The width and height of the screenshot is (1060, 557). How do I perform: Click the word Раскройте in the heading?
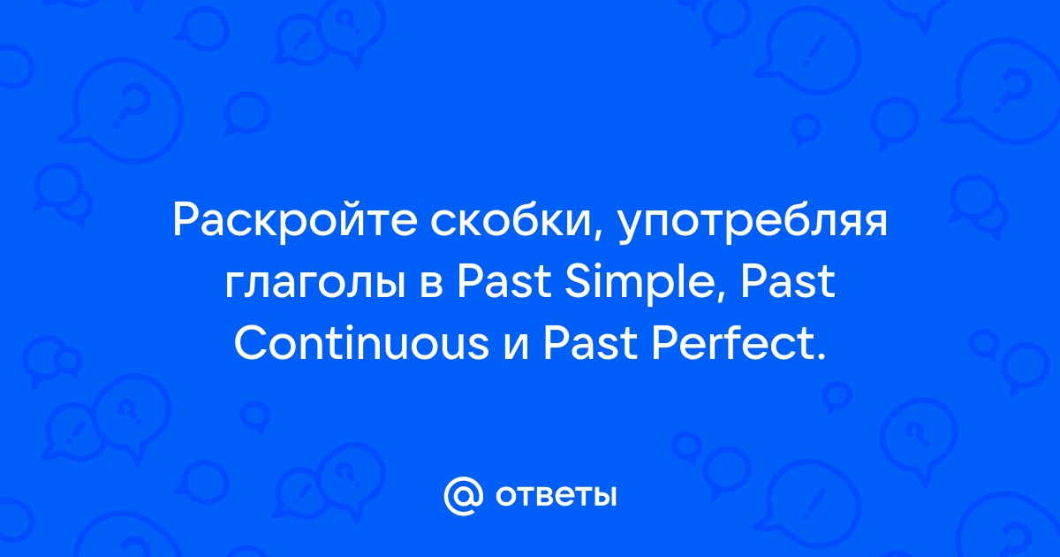click(295, 221)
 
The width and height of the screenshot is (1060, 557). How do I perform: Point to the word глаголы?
click(314, 285)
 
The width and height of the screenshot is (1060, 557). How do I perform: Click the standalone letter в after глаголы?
click(432, 285)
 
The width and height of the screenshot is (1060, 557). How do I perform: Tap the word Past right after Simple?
click(788, 281)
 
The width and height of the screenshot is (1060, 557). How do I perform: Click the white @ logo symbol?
click(463, 496)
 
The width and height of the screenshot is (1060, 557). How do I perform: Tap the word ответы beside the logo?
click(556, 496)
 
